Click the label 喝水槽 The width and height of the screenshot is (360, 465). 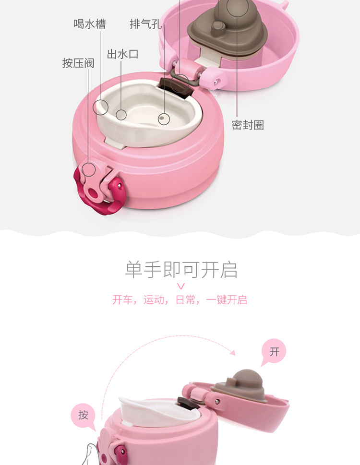click(90, 24)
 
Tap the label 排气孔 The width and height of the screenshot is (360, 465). click(145, 24)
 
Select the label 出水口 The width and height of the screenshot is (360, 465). click(123, 54)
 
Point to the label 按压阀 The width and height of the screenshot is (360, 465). click(78, 63)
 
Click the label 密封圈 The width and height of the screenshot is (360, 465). click(248, 125)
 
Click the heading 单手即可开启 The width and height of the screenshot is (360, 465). click(181, 270)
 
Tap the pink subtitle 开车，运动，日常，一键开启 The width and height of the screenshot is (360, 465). click(180, 300)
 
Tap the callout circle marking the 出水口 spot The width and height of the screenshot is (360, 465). click(121, 115)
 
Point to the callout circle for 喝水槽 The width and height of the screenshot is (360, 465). click(100, 107)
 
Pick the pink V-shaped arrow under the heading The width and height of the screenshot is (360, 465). click(181, 286)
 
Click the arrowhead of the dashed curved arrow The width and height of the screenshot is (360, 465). click(233, 352)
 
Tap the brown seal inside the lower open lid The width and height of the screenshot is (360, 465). click(240, 385)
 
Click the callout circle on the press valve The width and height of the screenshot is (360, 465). click(89, 169)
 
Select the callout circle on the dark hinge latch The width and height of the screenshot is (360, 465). click(180, 83)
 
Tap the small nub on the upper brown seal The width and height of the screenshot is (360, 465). click(218, 26)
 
